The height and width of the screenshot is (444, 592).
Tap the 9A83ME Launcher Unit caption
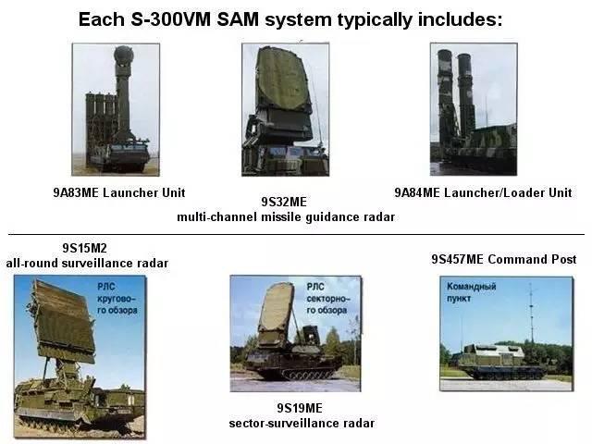pos(118,192)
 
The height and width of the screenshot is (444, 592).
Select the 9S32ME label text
pos(284,202)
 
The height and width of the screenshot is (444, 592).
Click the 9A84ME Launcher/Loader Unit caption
pos(483,192)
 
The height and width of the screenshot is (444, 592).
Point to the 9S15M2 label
pos(87,249)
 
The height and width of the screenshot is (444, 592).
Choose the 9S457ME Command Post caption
pos(503,259)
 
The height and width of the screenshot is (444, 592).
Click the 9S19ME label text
pos(301,408)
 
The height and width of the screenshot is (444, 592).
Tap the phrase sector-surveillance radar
pos(301,423)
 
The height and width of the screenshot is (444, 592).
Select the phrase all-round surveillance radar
pos(87,264)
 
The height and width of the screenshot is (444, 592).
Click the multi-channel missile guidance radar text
pos(286,216)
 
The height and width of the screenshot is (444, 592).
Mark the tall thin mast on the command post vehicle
pos(530,314)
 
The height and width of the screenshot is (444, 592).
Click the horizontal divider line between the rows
pos(296,234)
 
